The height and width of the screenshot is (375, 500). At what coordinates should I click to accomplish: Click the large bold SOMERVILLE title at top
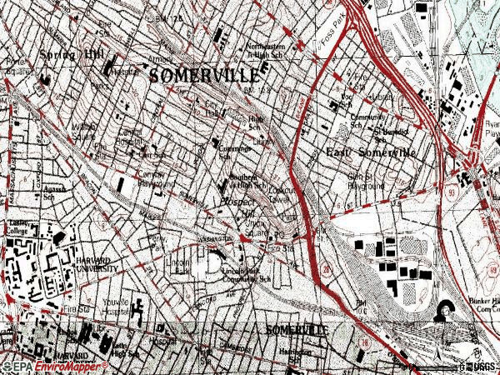pos(205,76)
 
